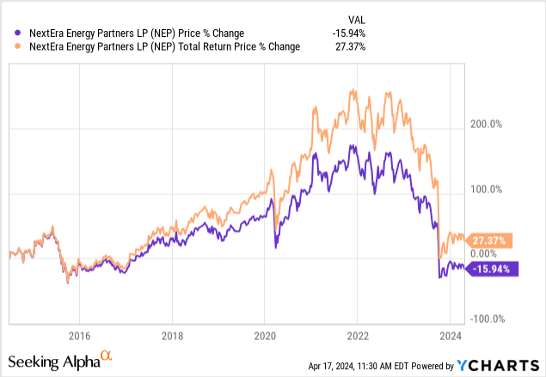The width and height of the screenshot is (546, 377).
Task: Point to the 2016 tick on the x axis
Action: tap(79, 335)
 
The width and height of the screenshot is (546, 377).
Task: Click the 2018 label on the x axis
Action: tap(172, 335)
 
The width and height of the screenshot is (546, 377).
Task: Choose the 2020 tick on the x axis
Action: tap(265, 335)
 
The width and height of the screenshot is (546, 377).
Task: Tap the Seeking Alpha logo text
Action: tap(53, 362)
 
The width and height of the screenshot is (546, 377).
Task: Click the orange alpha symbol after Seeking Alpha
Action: tap(107, 356)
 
